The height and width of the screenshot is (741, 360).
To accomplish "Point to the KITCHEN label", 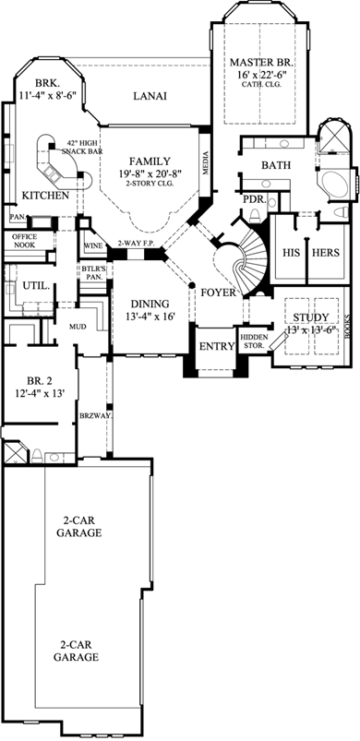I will (x=44, y=196).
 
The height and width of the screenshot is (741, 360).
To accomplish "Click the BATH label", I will (x=275, y=165).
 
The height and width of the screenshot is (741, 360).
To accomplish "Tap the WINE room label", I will (x=93, y=246).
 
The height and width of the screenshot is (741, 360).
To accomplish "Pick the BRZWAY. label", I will (x=95, y=415).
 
